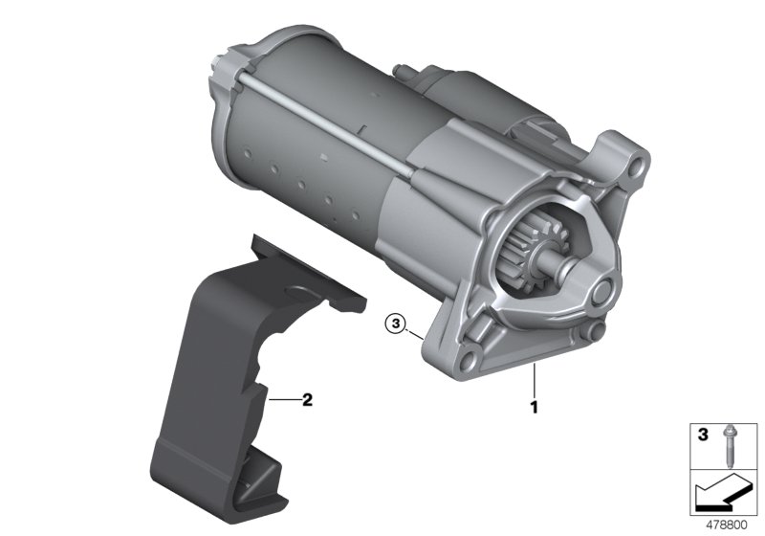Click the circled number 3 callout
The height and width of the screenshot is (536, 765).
(x=395, y=324)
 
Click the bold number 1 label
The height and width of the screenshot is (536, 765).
(x=535, y=407)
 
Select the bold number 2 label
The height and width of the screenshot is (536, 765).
(x=307, y=400)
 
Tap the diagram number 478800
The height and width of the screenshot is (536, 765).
(x=727, y=525)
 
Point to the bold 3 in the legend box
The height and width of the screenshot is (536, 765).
(x=703, y=435)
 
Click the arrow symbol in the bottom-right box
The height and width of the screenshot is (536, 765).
(x=720, y=492)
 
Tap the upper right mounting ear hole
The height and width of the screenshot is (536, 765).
(x=634, y=166)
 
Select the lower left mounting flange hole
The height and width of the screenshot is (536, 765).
(x=466, y=359)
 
